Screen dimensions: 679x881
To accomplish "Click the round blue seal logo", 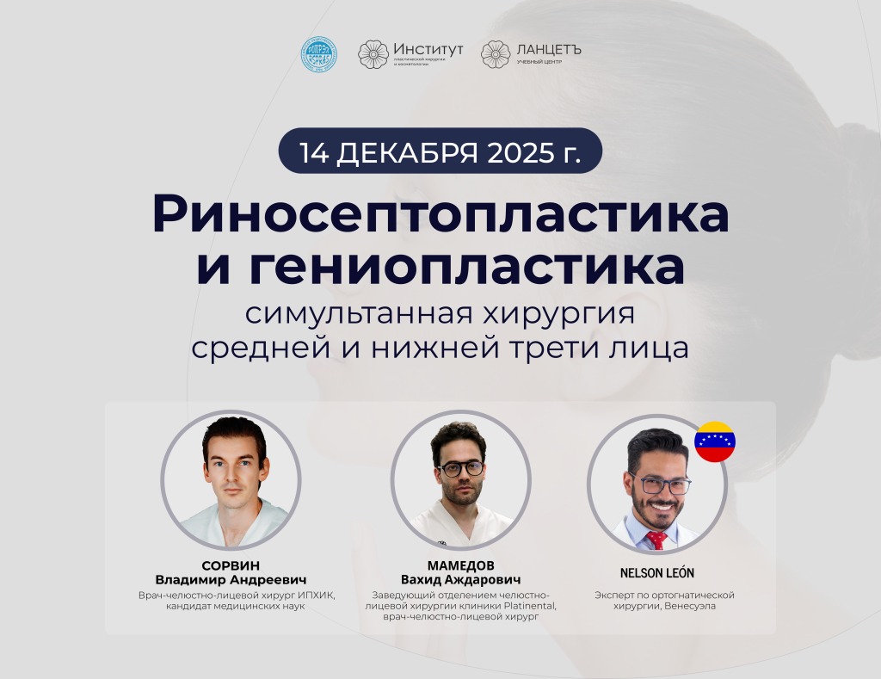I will (318, 54).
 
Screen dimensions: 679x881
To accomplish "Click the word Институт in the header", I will (428, 49).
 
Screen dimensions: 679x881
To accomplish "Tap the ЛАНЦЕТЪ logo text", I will (549, 49).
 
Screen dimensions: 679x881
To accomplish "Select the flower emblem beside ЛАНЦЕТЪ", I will (496, 54).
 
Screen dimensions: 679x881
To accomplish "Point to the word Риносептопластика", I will (440, 214).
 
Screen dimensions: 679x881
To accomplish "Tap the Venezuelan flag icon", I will (714, 441).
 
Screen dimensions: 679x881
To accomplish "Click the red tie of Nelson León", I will (656, 540).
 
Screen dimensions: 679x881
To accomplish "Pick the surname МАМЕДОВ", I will (460, 566).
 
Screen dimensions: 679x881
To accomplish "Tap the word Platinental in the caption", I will (527, 606).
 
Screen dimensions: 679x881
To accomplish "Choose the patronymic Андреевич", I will (266, 580).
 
